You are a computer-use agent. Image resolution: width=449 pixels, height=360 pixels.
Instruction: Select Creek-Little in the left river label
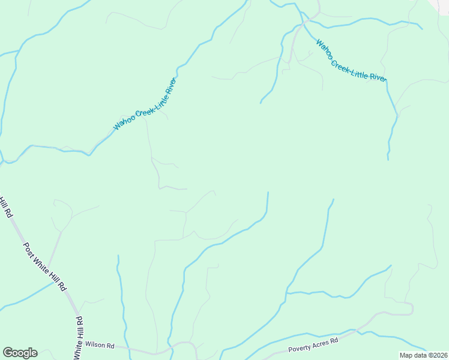(x=146, y=107)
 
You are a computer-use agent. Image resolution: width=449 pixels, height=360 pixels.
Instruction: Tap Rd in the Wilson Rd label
(x=110, y=345)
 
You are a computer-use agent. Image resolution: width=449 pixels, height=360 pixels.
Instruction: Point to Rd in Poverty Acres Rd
(x=335, y=340)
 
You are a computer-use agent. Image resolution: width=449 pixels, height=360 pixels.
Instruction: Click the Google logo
(x=20, y=353)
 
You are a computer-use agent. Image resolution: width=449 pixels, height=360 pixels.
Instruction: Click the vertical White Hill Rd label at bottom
(x=78, y=340)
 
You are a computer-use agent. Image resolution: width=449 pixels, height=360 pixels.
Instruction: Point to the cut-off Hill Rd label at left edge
(x=5, y=206)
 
